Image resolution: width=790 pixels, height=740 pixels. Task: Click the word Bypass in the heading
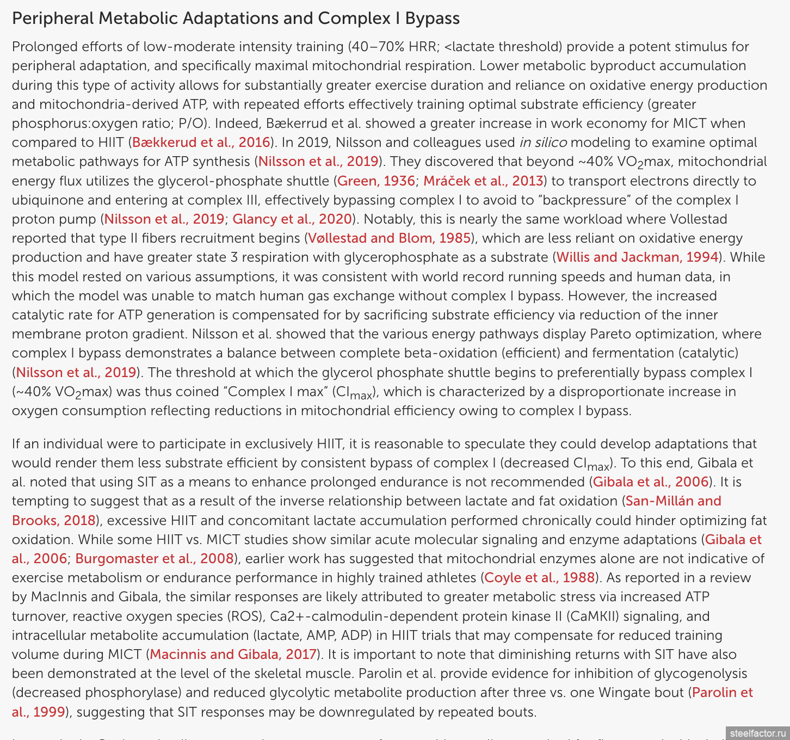[x=433, y=18]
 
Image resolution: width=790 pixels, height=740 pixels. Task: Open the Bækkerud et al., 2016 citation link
[x=201, y=143]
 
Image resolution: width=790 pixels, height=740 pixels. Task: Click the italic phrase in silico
[x=543, y=143]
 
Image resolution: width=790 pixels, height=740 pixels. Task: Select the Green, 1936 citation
[x=376, y=181]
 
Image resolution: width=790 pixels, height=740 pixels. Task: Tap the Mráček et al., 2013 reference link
[x=483, y=181]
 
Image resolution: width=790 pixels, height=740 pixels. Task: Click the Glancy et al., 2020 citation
[x=292, y=219]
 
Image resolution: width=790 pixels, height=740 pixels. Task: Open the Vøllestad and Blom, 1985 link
[x=389, y=238]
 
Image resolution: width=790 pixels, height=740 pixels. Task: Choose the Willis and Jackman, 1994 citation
[x=637, y=257]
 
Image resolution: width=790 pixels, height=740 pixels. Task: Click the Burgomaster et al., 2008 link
[x=155, y=559]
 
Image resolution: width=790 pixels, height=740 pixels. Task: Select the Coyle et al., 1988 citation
[x=539, y=578]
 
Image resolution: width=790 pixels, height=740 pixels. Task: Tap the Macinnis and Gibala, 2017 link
[x=233, y=655]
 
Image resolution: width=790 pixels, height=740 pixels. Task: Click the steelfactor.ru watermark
[x=758, y=733]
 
